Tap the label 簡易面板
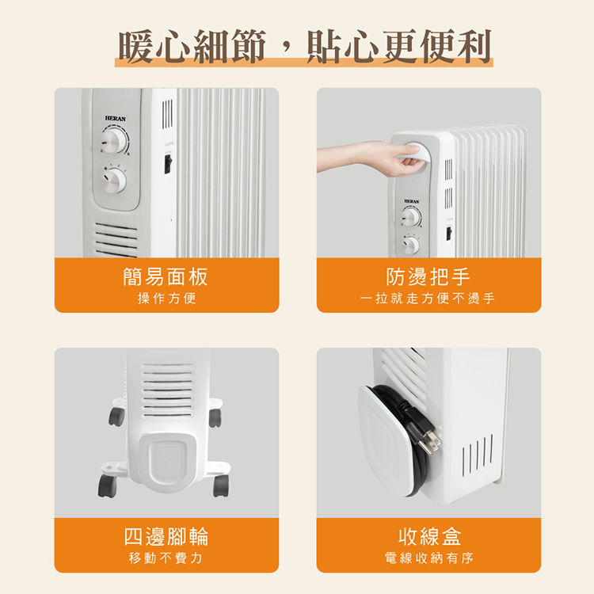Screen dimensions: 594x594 pos(166,276)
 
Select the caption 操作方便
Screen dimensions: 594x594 pos(166,299)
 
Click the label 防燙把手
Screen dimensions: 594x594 pos(428,276)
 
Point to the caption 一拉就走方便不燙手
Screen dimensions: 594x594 pos(428,299)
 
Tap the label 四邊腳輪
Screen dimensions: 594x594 pos(166,536)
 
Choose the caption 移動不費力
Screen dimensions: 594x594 pos(166,558)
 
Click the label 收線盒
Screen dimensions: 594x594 pos(428,536)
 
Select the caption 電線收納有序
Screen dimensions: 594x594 pos(428,558)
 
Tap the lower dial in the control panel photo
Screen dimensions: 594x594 pos(113,181)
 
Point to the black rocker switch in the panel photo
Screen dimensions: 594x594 pos(168,163)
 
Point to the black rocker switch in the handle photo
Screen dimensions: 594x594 pos(448,234)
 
